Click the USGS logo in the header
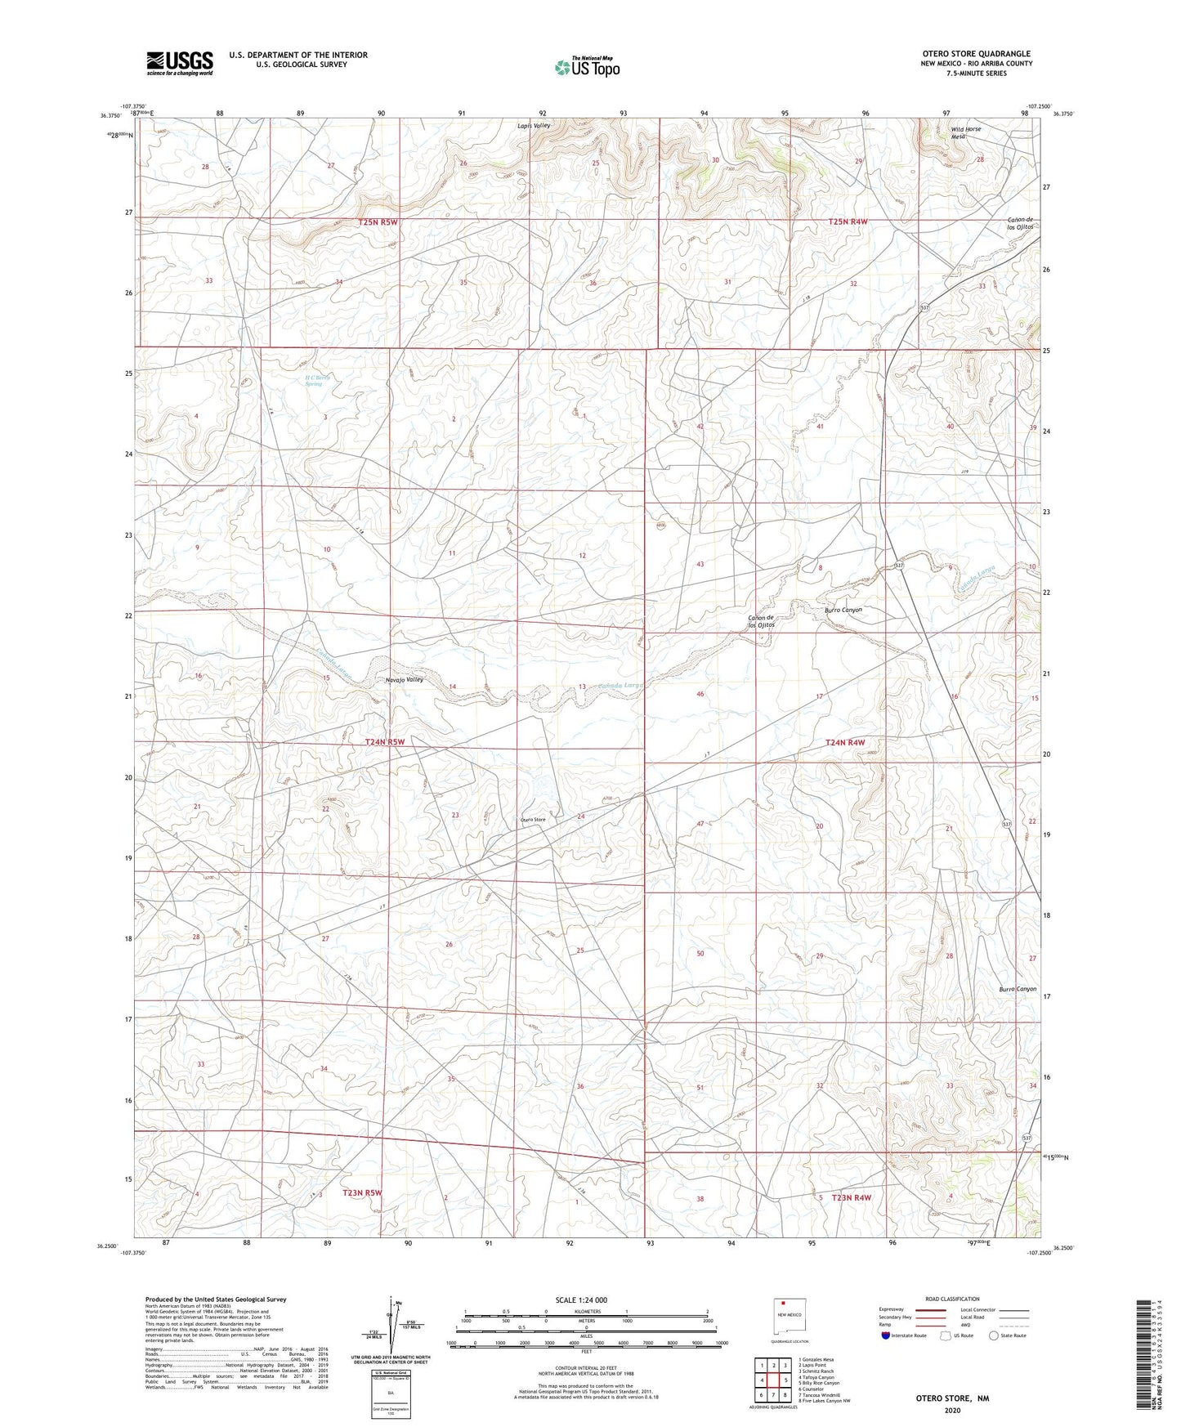180,62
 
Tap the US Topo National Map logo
586,67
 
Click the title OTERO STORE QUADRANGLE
976,53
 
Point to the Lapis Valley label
535,126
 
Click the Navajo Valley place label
405,679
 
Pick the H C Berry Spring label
309,380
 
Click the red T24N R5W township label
384,741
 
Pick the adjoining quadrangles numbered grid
772,1380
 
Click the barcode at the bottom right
1147,1358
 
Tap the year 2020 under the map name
952,1410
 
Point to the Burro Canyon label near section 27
1018,989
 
